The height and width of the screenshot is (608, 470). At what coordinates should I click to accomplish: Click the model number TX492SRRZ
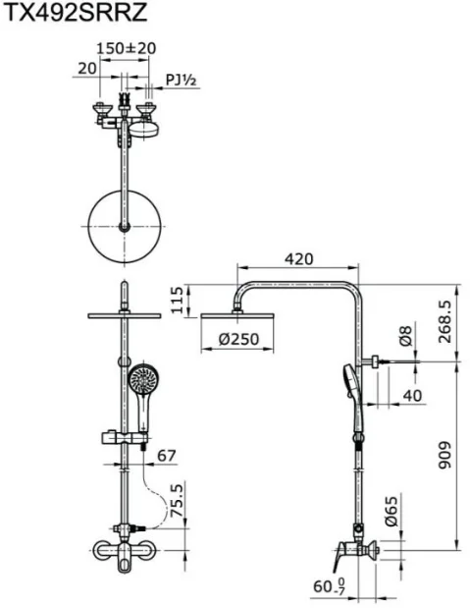coord(76,12)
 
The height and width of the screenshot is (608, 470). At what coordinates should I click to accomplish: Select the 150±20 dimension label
coord(126,48)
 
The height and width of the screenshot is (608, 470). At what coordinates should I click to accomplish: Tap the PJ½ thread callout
coord(182,80)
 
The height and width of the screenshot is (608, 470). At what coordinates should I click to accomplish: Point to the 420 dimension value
coord(298,258)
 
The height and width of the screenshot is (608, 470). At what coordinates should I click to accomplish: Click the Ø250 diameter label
coord(238,339)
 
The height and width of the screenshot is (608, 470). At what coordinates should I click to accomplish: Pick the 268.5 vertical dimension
coord(444,321)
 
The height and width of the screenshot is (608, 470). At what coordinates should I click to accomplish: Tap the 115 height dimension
coord(177,301)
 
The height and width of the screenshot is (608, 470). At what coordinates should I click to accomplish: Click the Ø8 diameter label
coord(405,336)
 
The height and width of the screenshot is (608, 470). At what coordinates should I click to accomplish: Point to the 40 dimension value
coord(412,396)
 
